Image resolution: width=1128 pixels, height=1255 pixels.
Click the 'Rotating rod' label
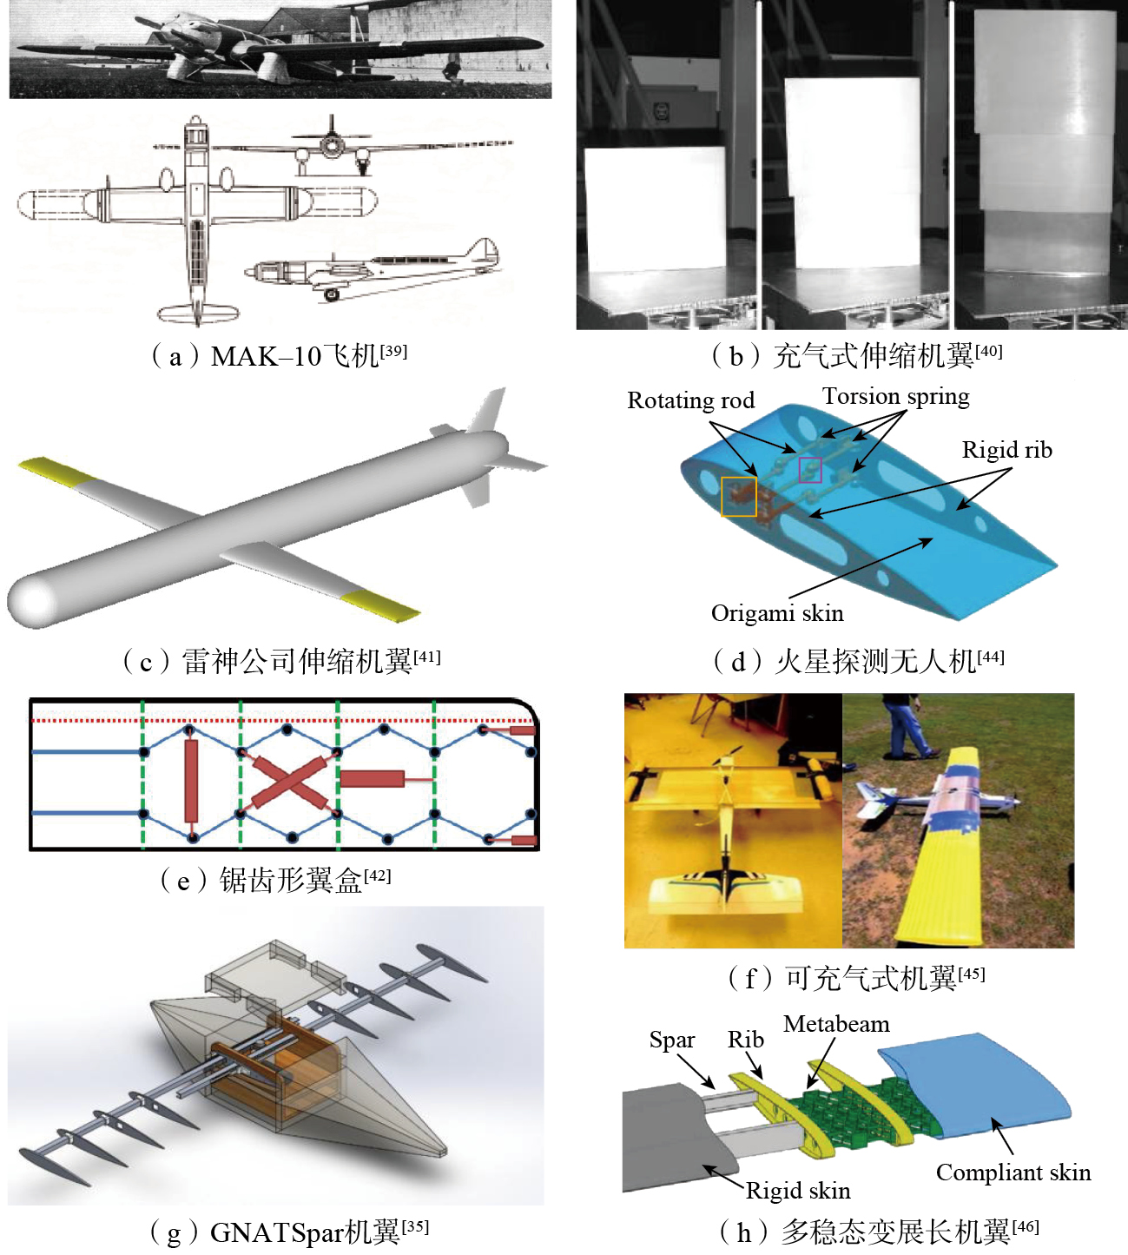coord(690,400)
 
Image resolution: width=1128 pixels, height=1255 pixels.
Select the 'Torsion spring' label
coord(896,397)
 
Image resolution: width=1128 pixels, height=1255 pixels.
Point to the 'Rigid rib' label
coord(1006,450)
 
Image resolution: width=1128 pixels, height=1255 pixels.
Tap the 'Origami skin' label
coord(777,613)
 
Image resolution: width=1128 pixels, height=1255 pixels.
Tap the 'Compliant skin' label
coord(1013,1173)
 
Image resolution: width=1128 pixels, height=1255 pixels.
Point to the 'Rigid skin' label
coord(798,1191)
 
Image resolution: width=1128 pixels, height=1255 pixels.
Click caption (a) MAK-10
coord(280,356)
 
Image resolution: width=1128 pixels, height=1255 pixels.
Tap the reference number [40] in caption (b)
coord(989,351)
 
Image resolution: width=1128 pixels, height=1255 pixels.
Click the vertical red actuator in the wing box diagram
coord(191,781)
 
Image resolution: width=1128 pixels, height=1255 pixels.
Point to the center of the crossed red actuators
coord(288,782)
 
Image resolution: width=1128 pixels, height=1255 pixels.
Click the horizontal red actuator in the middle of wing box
coord(373,779)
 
